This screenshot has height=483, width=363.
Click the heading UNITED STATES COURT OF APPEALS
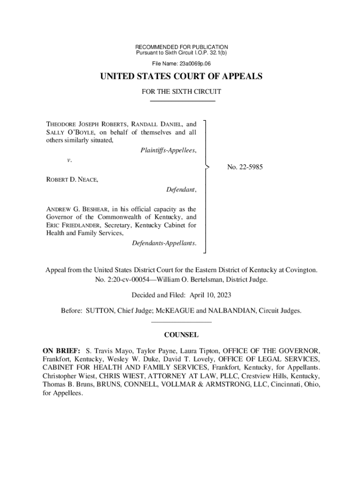tap(181, 76)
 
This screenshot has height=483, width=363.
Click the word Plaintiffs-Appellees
tap(168, 150)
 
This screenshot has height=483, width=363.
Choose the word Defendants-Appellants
tap(164, 243)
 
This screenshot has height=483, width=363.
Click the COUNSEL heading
tap(181, 335)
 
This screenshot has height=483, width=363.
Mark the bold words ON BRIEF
tap(61, 351)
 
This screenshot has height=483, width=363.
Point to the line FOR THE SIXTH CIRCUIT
tap(181, 92)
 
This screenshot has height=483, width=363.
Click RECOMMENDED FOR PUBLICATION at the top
tap(181, 47)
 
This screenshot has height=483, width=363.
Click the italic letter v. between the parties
tap(69, 160)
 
